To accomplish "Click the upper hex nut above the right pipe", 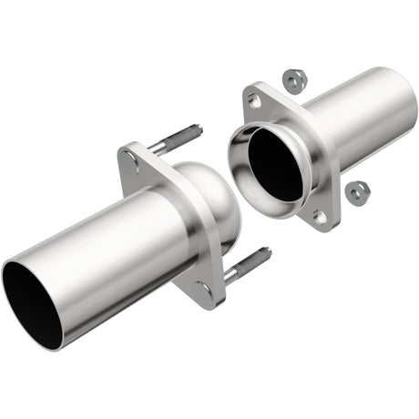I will click(x=292, y=80).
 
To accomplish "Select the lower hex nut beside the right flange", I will click(x=358, y=192).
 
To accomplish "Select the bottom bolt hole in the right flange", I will click(x=320, y=217).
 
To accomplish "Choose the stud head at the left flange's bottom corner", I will click(x=207, y=290).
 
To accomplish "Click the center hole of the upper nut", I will click(x=292, y=80).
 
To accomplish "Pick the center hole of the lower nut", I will click(x=358, y=192).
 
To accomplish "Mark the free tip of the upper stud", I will click(x=198, y=128).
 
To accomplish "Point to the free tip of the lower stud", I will click(x=268, y=251).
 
